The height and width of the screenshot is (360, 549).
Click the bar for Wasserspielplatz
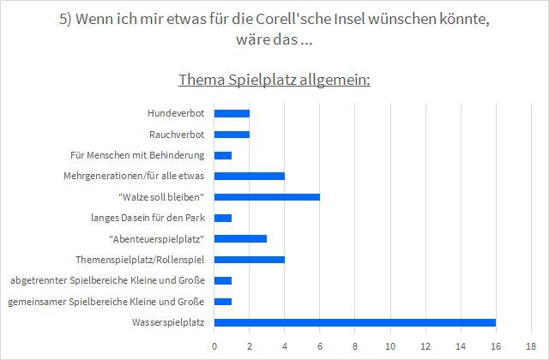354,322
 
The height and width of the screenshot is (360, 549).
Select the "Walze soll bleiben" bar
267,196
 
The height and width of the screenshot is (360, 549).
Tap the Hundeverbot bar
232,113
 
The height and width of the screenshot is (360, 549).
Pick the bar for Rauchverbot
232,134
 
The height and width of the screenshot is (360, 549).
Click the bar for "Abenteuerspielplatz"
240,238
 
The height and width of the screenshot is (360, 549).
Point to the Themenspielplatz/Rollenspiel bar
249,259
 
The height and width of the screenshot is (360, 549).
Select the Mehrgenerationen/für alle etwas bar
249,176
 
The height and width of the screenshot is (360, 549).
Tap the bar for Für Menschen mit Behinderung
223,155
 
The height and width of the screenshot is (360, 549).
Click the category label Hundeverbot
176,113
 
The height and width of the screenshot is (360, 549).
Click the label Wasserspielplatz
168,322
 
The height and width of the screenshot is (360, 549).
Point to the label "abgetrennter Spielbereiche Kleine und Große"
107,280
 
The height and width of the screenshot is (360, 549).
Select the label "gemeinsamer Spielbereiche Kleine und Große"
106,301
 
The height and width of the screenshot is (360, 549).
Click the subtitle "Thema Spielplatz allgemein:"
274,81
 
